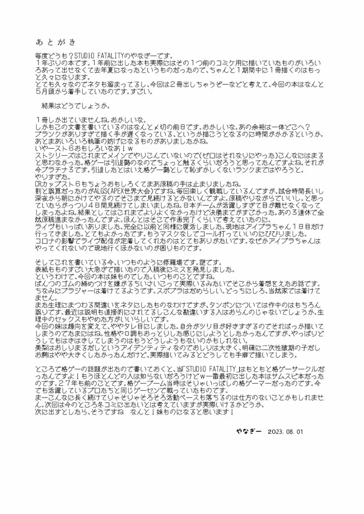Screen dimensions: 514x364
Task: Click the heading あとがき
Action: tap(56, 43)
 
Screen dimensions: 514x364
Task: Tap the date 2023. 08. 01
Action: tap(285, 432)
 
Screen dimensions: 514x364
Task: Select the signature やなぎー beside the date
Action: tap(249, 432)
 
